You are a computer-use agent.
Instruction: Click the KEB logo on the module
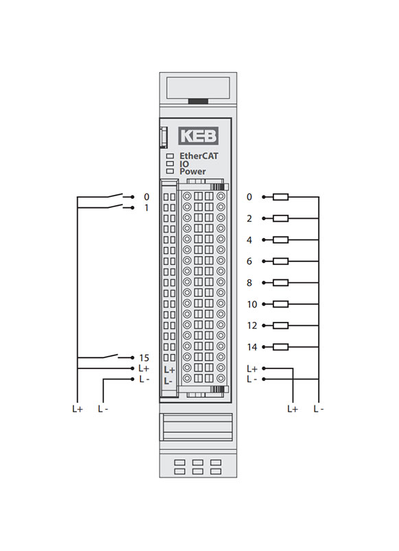[x=198, y=136]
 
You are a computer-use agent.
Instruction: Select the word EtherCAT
[x=198, y=156]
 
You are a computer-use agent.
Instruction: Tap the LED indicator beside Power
[x=170, y=172]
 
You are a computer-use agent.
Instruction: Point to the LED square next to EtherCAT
[x=170, y=156]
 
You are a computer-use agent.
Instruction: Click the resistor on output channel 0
[x=280, y=197]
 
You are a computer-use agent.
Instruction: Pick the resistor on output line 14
[x=280, y=347]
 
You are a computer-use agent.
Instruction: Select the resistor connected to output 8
[x=280, y=283]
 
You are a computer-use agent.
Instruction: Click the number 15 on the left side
[x=144, y=357]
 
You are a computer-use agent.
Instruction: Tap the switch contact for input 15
[x=111, y=356]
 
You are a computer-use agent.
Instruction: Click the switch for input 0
[x=115, y=196]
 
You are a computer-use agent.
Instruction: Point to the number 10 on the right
[x=252, y=304]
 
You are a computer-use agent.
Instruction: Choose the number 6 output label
[x=249, y=261]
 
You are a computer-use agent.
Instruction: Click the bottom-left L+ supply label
[x=78, y=409]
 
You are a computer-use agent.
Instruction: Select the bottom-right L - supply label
[x=319, y=409]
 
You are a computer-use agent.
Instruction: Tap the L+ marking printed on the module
[x=170, y=370]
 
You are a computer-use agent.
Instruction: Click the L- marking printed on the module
[x=168, y=382]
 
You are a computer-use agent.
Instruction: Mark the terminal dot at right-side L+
[x=264, y=368]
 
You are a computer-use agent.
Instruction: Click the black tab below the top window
[x=198, y=101]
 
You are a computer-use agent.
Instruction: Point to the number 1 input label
[x=146, y=208]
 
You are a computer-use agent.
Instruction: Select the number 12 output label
[x=252, y=326]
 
